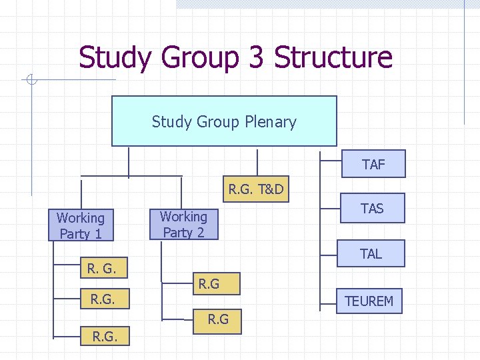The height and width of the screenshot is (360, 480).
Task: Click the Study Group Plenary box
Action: [x=224, y=121]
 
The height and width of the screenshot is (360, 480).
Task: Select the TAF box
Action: [x=373, y=164]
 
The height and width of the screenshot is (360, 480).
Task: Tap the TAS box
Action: [x=372, y=209]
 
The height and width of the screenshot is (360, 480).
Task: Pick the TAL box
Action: [x=371, y=253]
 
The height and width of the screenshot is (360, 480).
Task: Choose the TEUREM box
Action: [x=369, y=301]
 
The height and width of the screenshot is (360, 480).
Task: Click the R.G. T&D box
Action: [x=256, y=190]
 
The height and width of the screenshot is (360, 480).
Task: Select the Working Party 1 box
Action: [x=80, y=226]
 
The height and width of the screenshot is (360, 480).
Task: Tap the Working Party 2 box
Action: [x=183, y=224]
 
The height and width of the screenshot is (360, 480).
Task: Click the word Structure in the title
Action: [x=333, y=57]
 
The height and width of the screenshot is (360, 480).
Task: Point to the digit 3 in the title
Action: [x=255, y=57]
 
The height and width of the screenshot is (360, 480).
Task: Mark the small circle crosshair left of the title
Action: [x=30, y=81]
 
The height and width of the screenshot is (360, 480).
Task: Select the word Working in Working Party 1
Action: [x=81, y=218]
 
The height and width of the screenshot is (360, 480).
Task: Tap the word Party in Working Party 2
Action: [x=177, y=232]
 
